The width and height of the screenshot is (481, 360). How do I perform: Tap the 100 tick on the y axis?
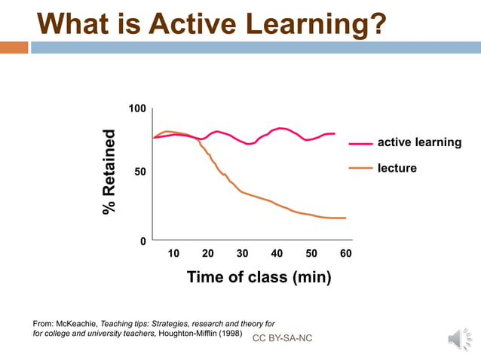136,110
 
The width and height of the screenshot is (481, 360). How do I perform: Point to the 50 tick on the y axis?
140,173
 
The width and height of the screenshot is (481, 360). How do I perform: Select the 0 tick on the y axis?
142,241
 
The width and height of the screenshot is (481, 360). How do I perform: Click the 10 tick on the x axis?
173,254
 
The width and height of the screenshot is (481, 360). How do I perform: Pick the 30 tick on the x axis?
242,254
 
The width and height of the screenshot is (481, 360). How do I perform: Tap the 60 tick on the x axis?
346,254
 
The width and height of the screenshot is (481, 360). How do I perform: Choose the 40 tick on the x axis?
277,254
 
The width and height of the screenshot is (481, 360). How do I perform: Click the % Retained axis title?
110,172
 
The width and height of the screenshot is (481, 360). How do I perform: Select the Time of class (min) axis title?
259,277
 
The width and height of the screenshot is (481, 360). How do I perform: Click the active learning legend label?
419,142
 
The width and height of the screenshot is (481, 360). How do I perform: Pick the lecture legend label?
397,168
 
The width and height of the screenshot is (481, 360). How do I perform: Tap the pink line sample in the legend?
360,143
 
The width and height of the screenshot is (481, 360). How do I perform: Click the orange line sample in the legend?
360,169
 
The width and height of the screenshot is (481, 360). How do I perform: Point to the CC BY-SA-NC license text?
282,338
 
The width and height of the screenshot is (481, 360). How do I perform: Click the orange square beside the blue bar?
14,47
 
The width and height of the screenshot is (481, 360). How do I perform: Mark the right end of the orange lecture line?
345,218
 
